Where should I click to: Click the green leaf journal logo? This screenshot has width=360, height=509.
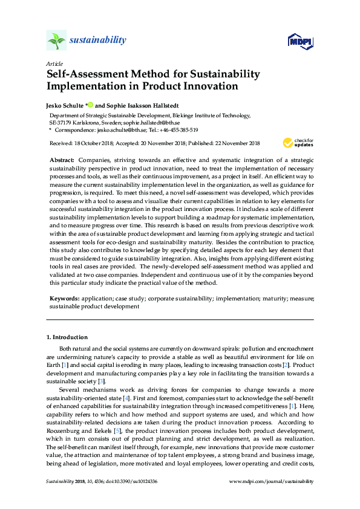coord(56,41)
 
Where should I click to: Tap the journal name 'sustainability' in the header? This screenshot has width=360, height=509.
coord(98,41)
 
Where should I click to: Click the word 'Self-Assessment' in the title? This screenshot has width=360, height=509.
coord(86,74)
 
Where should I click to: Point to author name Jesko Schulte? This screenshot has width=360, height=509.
coord(67,105)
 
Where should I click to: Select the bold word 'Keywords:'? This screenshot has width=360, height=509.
coord(64,299)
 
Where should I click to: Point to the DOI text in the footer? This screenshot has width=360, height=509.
coord(121,498)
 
